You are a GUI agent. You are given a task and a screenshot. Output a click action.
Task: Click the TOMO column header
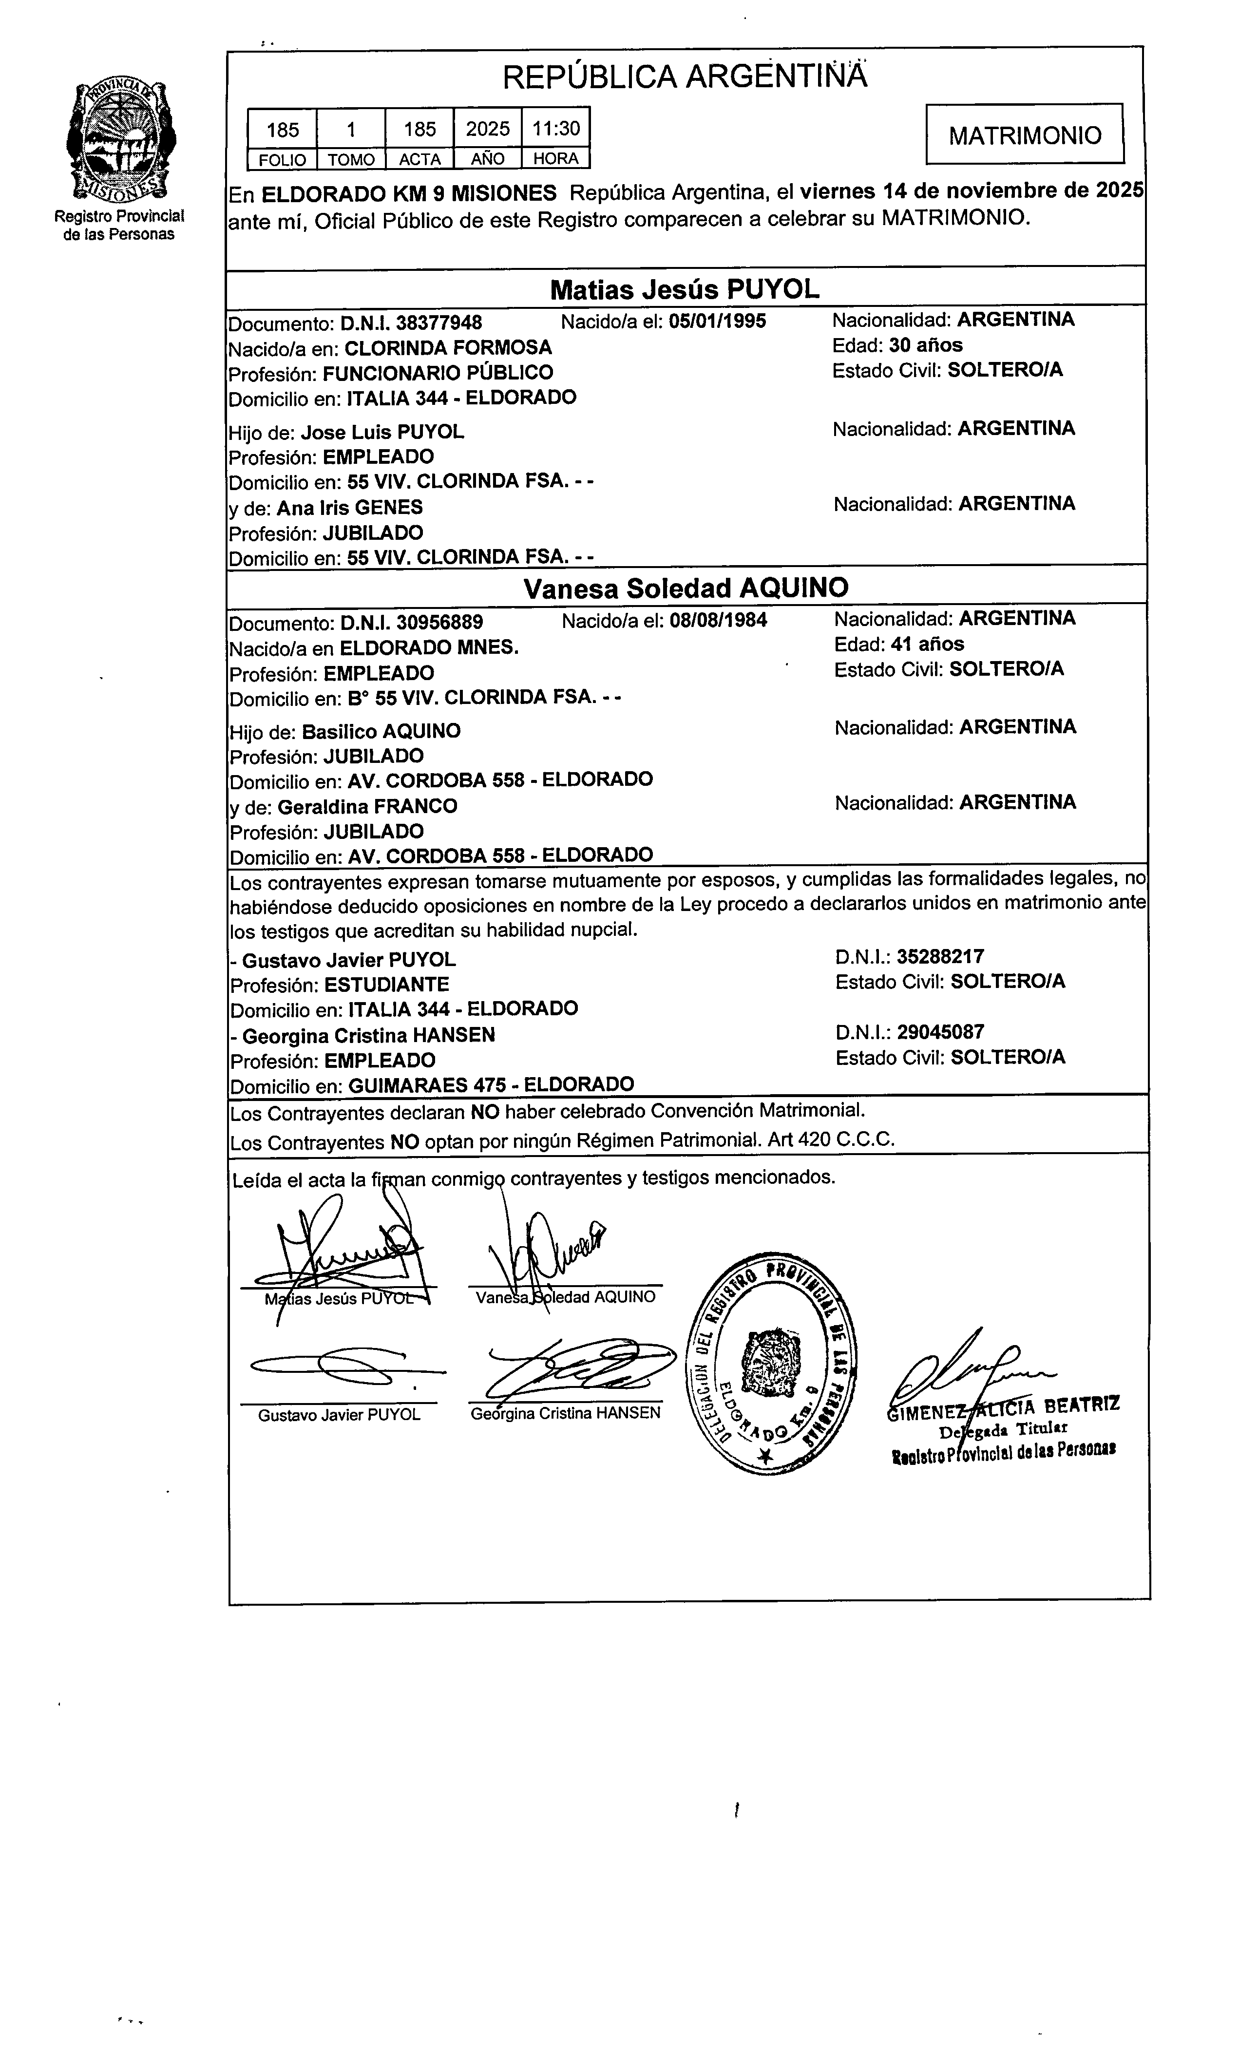tap(350, 159)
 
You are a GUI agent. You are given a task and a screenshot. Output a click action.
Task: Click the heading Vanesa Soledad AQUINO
tap(686, 588)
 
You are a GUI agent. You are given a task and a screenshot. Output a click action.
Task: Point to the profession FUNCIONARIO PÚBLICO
tap(438, 373)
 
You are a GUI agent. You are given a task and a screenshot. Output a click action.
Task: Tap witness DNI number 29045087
tap(940, 1032)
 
